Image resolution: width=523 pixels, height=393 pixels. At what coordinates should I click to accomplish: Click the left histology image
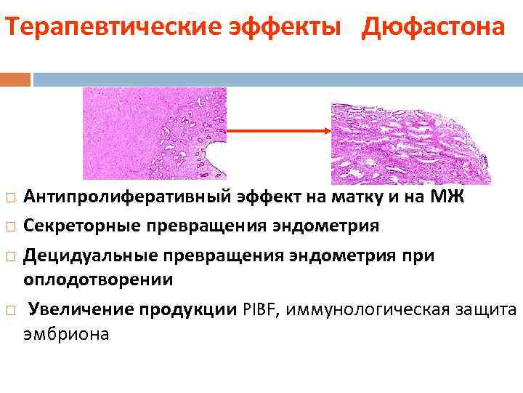[154, 133]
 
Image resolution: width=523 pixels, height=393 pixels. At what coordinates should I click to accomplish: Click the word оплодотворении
[98, 279]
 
